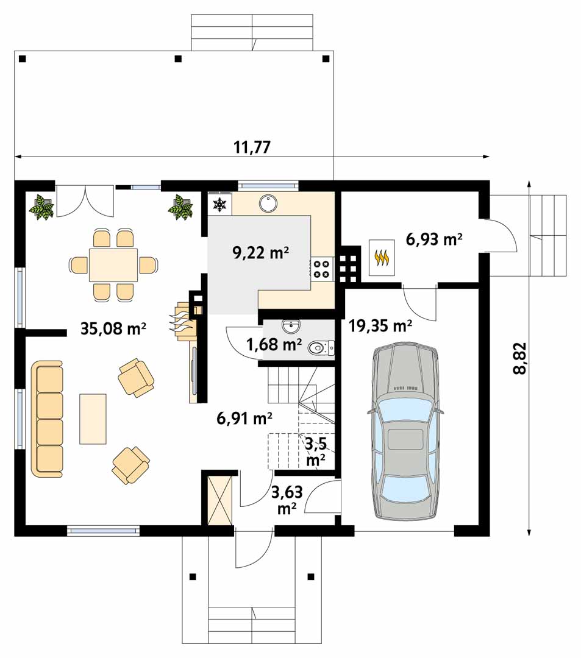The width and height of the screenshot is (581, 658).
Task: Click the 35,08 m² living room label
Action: (113, 328)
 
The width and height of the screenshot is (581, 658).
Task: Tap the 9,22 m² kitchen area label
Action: (260, 253)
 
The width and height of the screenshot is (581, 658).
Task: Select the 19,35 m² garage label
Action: (380, 325)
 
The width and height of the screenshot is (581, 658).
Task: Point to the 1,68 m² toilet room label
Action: (274, 344)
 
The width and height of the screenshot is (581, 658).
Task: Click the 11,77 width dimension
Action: (252, 147)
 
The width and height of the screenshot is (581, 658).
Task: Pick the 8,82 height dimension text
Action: (519, 358)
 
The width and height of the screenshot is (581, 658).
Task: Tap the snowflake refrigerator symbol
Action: (219, 205)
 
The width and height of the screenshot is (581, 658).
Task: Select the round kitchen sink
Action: (268, 203)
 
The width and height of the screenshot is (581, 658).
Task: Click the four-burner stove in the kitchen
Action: (322, 269)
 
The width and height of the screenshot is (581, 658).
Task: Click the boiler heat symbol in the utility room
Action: (381, 258)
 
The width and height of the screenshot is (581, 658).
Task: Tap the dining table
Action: (113, 265)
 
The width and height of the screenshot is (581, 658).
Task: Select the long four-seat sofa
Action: (47, 419)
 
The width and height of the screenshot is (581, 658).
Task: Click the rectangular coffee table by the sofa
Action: (93, 419)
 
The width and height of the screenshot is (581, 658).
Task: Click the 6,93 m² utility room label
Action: (434, 239)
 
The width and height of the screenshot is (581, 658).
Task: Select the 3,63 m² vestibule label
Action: (287, 500)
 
